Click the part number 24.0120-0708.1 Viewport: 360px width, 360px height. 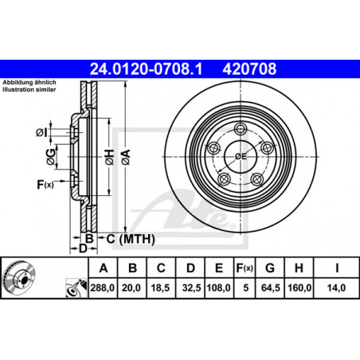coord(146,68)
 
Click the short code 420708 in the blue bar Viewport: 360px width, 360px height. coord(249,68)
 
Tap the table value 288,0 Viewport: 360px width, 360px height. coord(103,288)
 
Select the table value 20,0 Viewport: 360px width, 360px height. coord(131,288)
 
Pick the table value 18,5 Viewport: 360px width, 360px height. coord(160,288)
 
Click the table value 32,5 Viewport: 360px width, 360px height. coord(191,288)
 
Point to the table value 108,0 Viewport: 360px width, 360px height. coord(219,288)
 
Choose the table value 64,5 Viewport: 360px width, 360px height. coord(271,288)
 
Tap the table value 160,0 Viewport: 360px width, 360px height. coord(299,288)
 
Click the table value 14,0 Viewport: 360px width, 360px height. coord(336,288)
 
